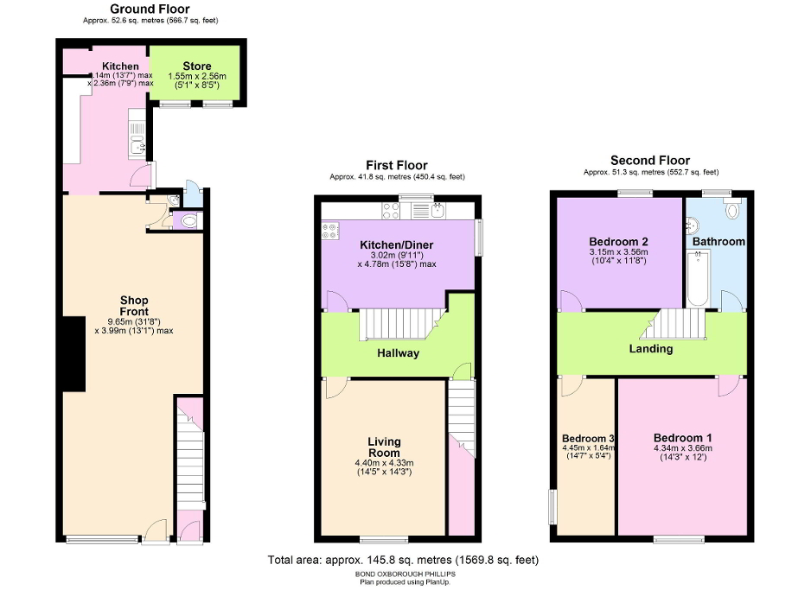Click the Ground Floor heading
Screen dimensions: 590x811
click(x=144, y=10)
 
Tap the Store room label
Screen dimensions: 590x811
click(x=196, y=66)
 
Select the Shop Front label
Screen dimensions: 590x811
click(x=134, y=306)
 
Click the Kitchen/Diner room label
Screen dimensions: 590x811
click(x=397, y=244)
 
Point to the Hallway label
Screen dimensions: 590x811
click(x=398, y=352)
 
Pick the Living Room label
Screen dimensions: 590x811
click(x=385, y=447)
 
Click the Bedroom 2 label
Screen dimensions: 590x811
click(x=618, y=241)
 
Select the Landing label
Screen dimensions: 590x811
click(x=651, y=349)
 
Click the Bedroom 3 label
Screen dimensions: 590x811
click(x=587, y=438)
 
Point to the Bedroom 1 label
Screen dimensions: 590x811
click(x=682, y=437)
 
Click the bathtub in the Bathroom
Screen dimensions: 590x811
click(x=698, y=278)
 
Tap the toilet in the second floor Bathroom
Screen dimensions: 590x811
click(x=733, y=210)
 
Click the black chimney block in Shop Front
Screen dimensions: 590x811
click(x=73, y=353)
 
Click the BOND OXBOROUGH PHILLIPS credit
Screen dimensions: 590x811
click(x=405, y=574)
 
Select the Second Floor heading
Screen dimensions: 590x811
click(x=649, y=160)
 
